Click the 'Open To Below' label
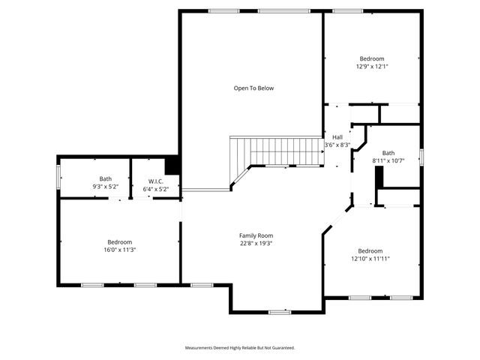click(253, 88)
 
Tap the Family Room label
click(256, 235)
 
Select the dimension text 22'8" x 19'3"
click(256, 244)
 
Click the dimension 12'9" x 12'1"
click(371, 67)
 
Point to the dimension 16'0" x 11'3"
click(120, 250)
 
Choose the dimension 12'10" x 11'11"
click(370, 259)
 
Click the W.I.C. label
click(156, 181)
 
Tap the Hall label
click(337, 137)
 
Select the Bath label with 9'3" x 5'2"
click(105, 178)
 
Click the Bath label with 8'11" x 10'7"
click(388, 152)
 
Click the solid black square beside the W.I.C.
click(172, 164)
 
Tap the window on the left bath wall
click(58, 177)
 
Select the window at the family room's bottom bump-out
click(279, 311)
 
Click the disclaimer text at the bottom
click(240, 348)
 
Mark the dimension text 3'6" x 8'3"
click(337, 145)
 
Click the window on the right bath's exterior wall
click(421, 156)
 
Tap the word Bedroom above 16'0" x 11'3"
click(120, 241)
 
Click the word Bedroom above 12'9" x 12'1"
click(371, 58)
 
